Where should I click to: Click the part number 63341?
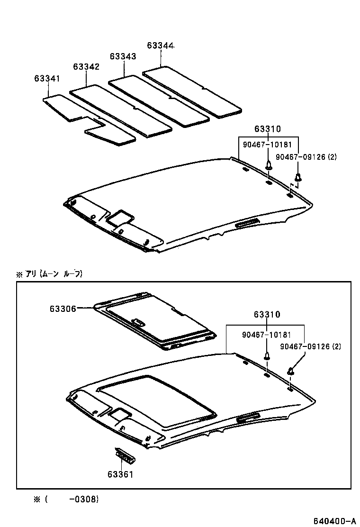[x=47, y=78]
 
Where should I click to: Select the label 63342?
[x=86, y=67]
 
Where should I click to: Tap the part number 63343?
[x=123, y=56]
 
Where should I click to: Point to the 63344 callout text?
[x=161, y=45]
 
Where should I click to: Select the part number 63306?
[x=63, y=309]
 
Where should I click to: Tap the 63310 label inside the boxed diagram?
[x=267, y=315]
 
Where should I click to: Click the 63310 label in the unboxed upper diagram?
[x=267, y=129]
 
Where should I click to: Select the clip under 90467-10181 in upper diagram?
[x=269, y=166]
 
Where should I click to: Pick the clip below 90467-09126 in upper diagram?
[x=298, y=178]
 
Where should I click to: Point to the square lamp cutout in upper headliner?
[x=120, y=218]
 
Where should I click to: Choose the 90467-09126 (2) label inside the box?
[x=310, y=346]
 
